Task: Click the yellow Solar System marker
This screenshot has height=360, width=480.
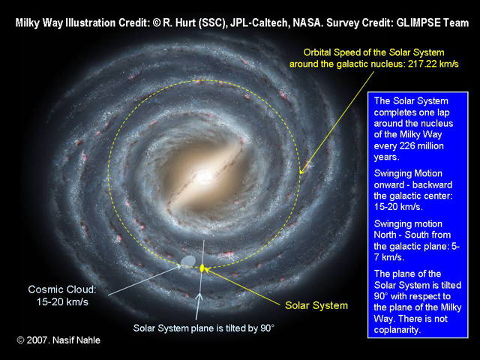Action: click(202, 268)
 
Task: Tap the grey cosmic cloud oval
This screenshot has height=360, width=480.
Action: click(188, 261)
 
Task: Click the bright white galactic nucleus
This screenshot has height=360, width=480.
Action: click(202, 176)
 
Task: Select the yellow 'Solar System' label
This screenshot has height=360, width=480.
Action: click(316, 305)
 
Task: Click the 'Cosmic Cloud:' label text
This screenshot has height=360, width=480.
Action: click(62, 289)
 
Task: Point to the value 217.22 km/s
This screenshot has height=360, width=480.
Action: click(433, 64)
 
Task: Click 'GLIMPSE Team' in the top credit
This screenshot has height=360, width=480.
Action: click(432, 23)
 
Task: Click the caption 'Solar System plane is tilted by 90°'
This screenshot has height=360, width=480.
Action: click(203, 328)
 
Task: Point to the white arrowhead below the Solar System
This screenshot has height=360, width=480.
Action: click(199, 296)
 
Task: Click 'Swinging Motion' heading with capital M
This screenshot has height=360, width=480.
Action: click(408, 173)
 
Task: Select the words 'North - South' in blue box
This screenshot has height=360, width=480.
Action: click(412, 235)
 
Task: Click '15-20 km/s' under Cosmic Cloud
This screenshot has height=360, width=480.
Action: click(62, 301)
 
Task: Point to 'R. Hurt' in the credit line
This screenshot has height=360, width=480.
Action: click(179, 23)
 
